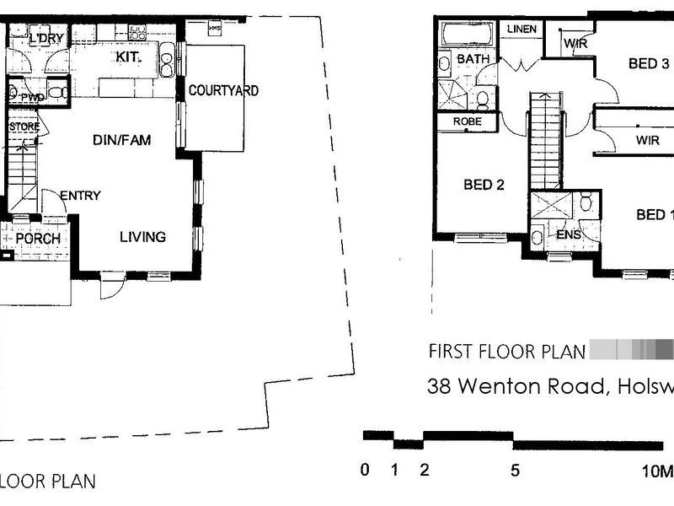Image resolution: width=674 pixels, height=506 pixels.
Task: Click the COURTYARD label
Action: pyautogui.click(x=222, y=90)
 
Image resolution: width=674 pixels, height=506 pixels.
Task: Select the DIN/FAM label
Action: pyautogui.click(x=121, y=140)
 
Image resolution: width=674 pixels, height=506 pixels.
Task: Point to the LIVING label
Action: pyautogui.click(x=142, y=237)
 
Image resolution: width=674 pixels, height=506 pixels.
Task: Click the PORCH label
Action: pyautogui.click(x=38, y=239)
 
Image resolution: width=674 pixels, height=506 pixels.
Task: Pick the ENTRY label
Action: pyautogui.click(x=80, y=196)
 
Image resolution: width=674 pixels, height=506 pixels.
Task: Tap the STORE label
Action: pyautogui.click(x=24, y=126)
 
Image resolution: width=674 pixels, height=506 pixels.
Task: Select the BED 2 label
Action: pyautogui.click(x=484, y=185)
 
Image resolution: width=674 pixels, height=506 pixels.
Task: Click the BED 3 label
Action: pyautogui.click(x=649, y=63)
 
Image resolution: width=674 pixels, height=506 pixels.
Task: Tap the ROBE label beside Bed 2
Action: pyautogui.click(x=468, y=121)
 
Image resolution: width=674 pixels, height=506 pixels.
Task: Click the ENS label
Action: pyautogui.click(x=569, y=234)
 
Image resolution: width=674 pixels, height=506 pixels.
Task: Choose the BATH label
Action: pyautogui.click(x=472, y=59)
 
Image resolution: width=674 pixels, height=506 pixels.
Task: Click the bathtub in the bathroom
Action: pyautogui.click(x=468, y=35)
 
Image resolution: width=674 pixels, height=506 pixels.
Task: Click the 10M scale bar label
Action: pyautogui.click(x=658, y=471)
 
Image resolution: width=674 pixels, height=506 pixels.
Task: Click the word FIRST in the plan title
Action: pyautogui.click(x=450, y=351)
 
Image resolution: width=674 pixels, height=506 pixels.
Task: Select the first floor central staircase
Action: pyautogui.click(x=544, y=140)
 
